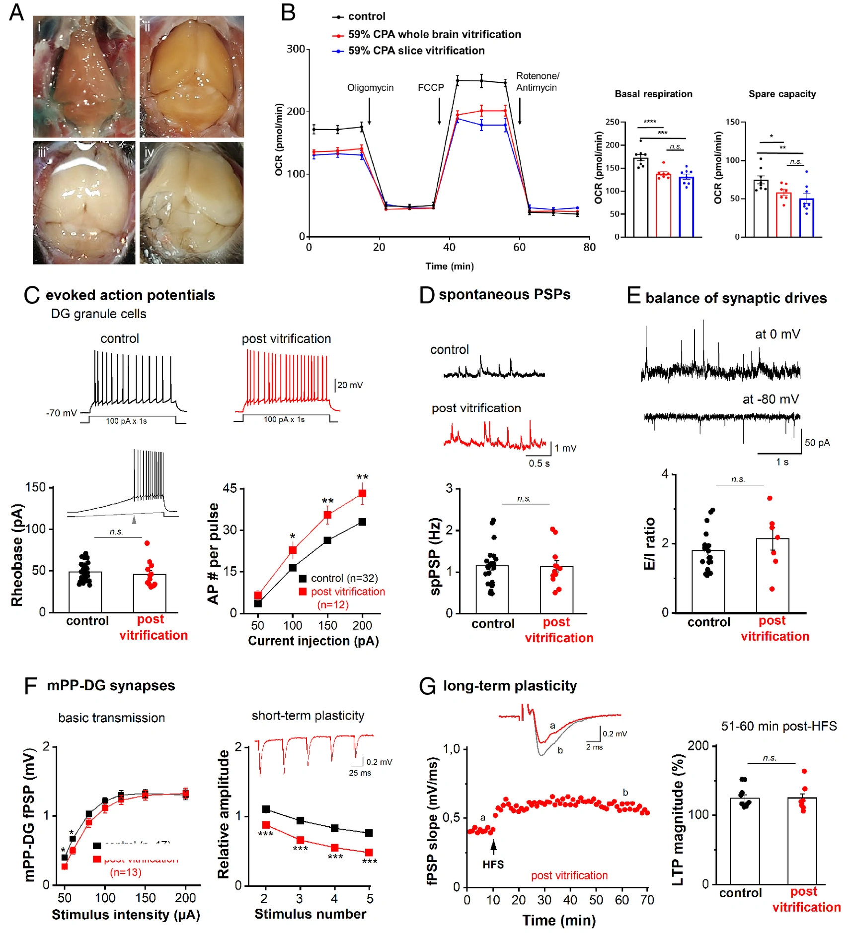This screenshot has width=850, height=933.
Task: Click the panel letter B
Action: (288, 12)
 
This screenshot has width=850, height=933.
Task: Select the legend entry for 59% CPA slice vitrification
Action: (416, 51)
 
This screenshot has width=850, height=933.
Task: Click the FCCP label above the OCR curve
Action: (431, 88)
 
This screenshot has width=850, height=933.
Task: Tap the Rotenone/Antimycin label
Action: (537, 82)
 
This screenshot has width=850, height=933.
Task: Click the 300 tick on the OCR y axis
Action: (296, 49)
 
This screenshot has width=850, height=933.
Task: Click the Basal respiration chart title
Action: (653, 94)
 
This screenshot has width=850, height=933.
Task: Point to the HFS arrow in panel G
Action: (493, 846)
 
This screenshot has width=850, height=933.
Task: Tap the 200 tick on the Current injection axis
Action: (362, 625)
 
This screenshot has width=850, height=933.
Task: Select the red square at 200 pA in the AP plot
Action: (362, 493)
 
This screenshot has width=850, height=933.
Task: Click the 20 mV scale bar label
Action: (350, 385)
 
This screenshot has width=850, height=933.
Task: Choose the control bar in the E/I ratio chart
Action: (708, 581)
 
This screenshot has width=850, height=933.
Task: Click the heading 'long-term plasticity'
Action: (510, 686)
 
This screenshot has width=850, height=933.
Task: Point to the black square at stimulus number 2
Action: (266, 809)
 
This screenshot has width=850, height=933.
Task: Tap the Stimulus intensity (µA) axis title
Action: (126, 915)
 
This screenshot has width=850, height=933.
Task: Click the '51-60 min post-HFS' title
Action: (778, 727)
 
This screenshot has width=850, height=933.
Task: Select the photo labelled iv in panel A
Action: (192, 203)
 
